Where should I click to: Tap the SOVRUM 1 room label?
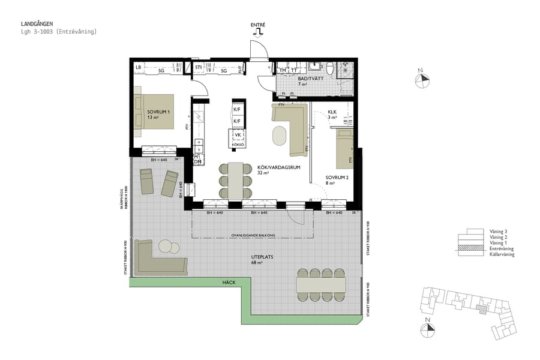tap(158, 112)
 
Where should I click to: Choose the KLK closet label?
tap(332, 112)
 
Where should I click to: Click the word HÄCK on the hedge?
tap(228, 282)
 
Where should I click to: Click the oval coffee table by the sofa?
tap(280, 135)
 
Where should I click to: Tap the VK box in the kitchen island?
tap(237, 136)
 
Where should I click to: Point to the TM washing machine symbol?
tap(283, 70)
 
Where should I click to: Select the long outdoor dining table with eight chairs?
tap(322, 283)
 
